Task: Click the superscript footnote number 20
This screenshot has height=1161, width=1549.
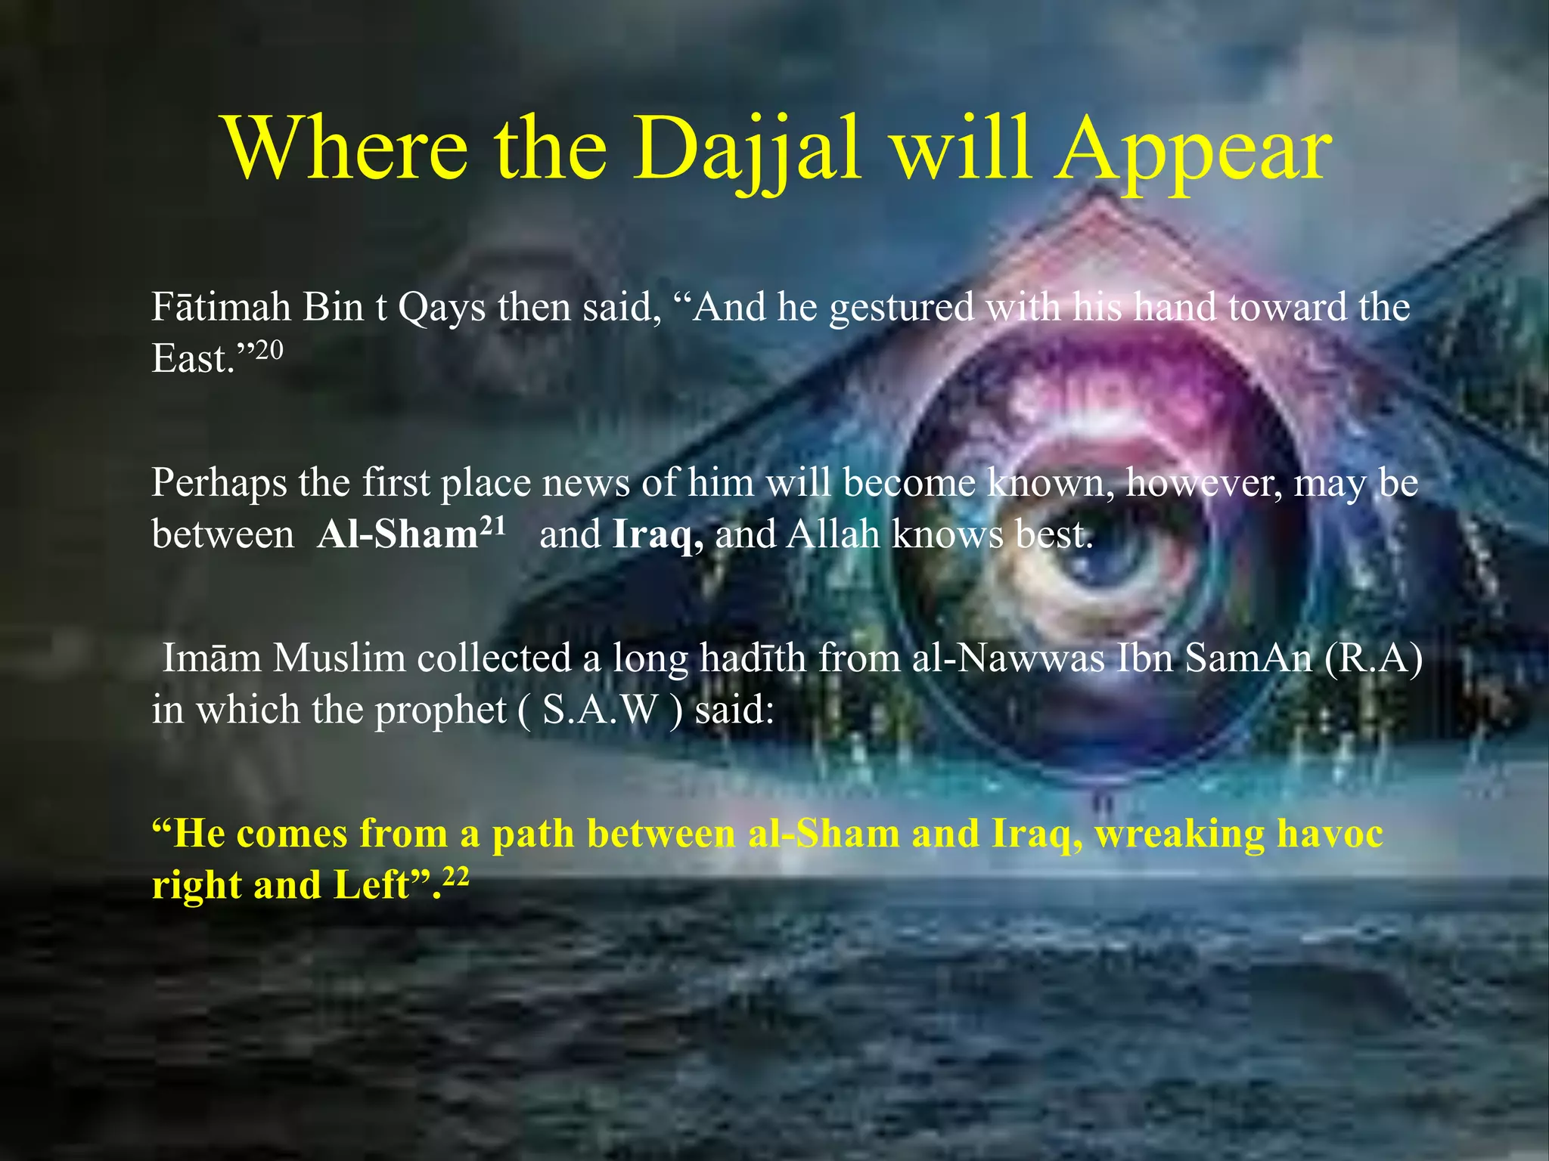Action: (269, 350)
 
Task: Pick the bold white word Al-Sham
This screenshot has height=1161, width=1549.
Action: (398, 535)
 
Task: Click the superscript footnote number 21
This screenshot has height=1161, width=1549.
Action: (492, 525)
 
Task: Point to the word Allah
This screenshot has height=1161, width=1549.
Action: (833, 534)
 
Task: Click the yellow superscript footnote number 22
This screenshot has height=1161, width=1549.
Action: (456, 877)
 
